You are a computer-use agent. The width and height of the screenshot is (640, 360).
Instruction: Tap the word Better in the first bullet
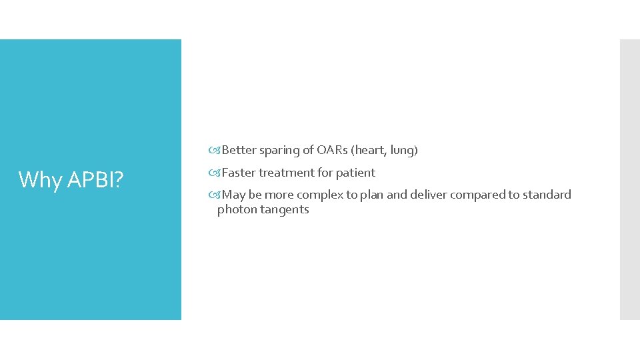point(239,151)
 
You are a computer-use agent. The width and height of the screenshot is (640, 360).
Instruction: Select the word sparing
point(280,151)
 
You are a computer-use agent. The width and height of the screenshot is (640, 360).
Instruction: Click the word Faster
point(239,173)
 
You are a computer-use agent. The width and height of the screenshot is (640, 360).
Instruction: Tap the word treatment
point(286,173)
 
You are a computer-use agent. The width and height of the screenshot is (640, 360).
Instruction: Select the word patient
point(355,173)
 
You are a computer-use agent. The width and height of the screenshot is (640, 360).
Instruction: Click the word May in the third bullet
point(233,195)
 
